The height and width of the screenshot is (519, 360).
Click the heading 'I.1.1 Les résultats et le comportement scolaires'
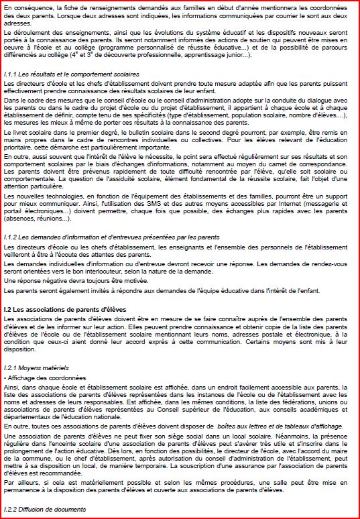[x=71, y=73]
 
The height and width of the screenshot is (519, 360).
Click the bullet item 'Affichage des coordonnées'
[x=42, y=378]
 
